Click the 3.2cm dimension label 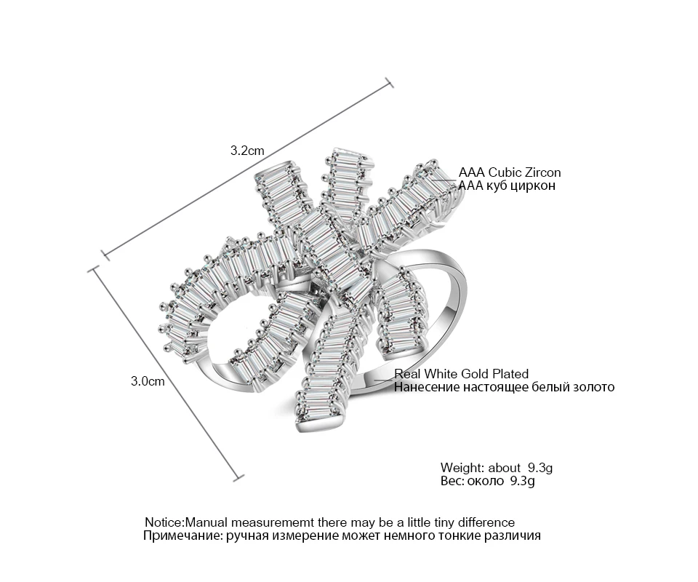[247, 151]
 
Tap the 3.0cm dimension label [148, 381]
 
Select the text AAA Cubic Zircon [510, 172]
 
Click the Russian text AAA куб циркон [507, 186]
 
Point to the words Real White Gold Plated [461, 374]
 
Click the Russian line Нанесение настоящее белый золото [504, 387]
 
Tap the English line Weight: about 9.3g [497, 468]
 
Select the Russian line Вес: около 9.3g [487, 480]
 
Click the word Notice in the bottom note [164, 522]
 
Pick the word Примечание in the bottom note [182, 535]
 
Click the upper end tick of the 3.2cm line [389, 82]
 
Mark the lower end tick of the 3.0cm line [238, 478]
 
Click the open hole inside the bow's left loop [231, 330]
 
